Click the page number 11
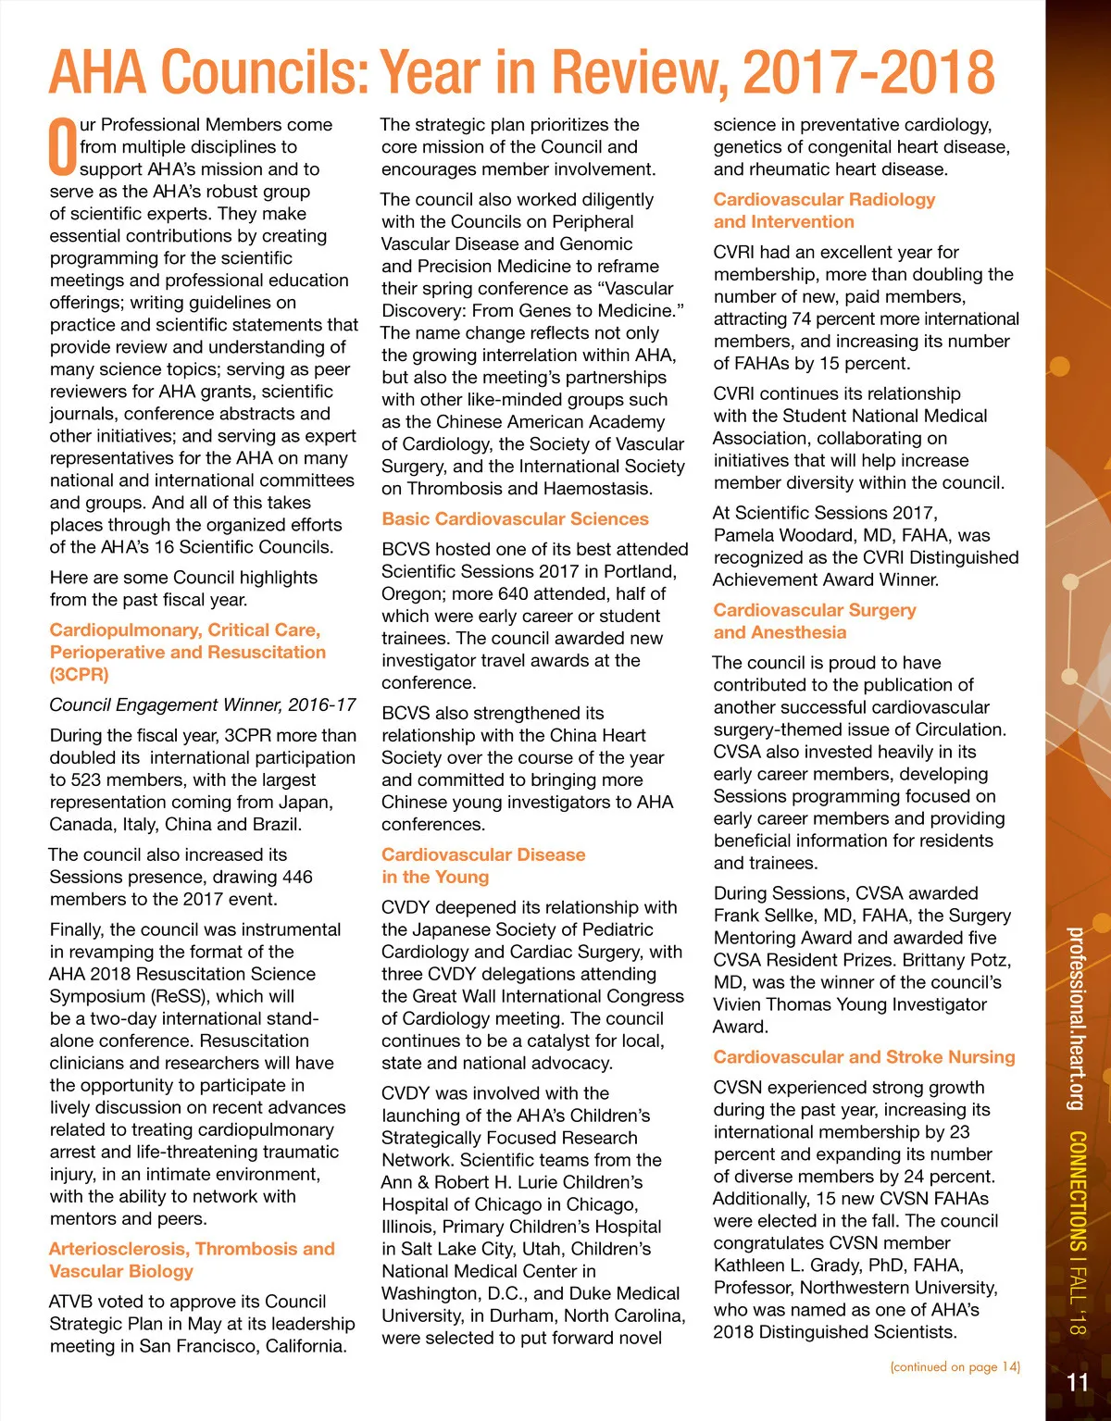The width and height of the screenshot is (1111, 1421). pyautogui.click(x=1078, y=1383)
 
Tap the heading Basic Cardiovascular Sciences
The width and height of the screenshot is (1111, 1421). pyautogui.click(x=515, y=519)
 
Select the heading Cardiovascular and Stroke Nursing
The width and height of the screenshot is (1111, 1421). pyautogui.click(x=864, y=1057)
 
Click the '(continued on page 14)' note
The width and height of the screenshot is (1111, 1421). pyautogui.click(x=955, y=1366)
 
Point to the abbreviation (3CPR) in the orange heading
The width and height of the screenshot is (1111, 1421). pyautogui.click(x=79, y=675)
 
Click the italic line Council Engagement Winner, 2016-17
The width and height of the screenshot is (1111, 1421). pyautogui.click(x=203, y=705)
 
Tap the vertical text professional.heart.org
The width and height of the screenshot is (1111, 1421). pyautogui.click(x=1075, y=1018)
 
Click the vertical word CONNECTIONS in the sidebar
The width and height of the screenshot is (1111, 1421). pyautogui.click(x=1077, y=1190)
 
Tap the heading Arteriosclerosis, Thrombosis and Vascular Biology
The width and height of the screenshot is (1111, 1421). pyautogui.click(x=192, y=1260)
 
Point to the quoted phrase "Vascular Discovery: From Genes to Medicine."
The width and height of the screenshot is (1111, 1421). pyautogui.click(x=532, y=299)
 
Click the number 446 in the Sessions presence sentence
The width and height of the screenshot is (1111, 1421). pyautogui.click(x=297, y=877)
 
